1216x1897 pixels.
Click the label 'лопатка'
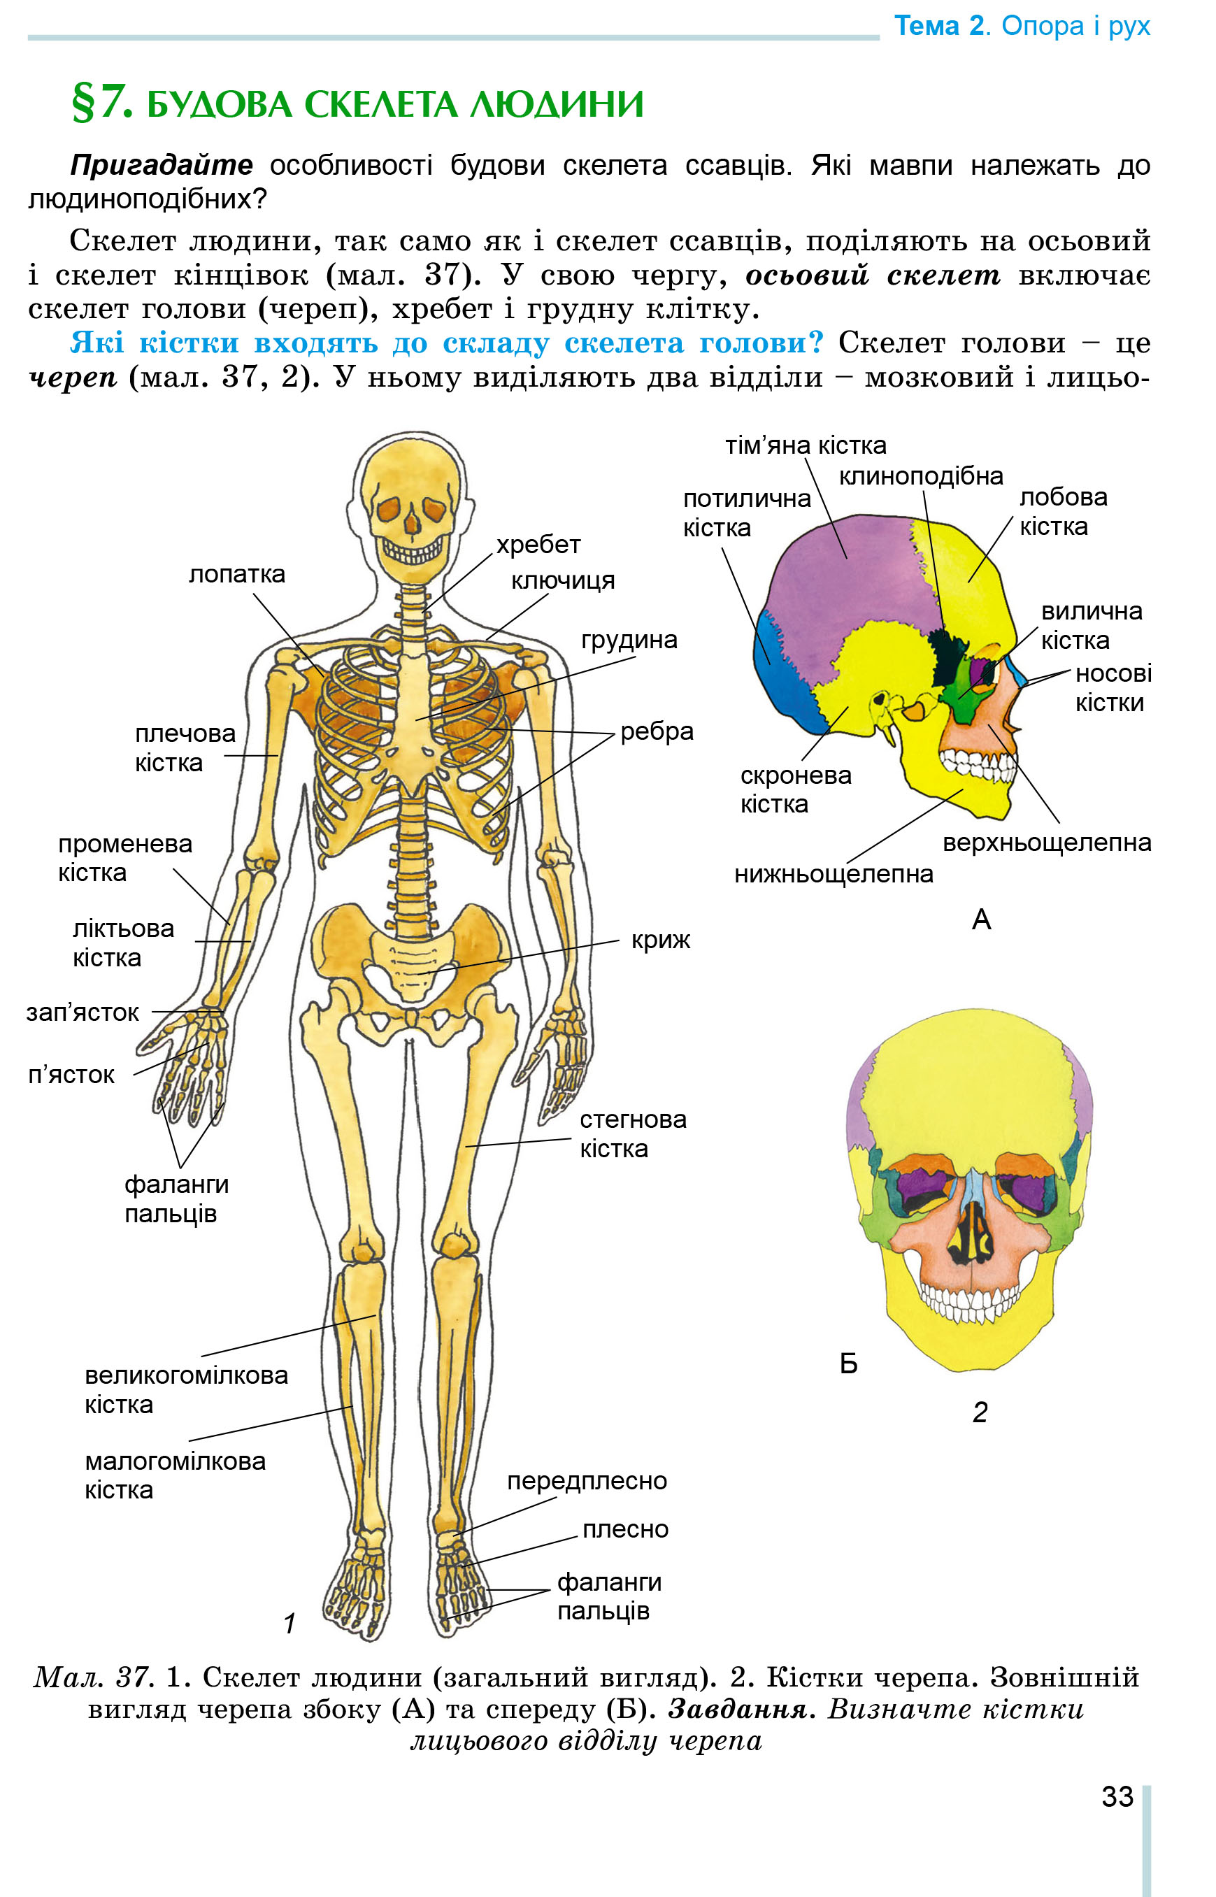tap(237, 574)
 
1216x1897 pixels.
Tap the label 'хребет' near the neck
tap(538, 545)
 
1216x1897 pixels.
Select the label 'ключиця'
tap(563, 581)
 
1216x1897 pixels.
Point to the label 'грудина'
tap(629, 639)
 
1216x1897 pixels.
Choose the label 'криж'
tap(661, 940)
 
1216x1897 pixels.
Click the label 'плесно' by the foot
tap(625, 1530)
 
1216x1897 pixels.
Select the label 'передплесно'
tap(587, 1481)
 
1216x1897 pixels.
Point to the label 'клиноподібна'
tap(921, 477)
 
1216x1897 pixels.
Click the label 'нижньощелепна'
tap(834, 875)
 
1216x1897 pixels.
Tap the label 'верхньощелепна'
tap(1047, 843)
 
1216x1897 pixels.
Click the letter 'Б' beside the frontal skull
tap(849, 1363)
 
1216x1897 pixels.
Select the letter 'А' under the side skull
tap(982, 919)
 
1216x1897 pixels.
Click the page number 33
tap(1117, 1797)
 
